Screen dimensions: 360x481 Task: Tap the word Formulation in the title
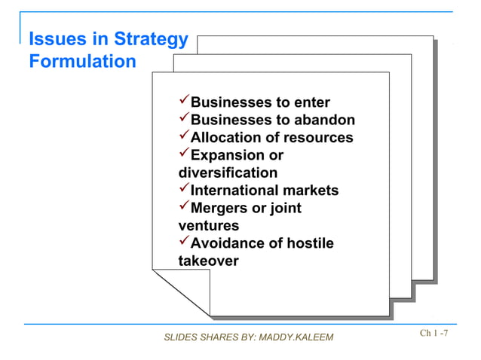82,61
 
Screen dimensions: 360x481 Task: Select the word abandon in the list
326,121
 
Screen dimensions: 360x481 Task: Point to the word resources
317,138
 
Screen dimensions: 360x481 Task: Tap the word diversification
228,172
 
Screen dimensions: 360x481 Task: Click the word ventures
209,225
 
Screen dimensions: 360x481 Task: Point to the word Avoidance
228,243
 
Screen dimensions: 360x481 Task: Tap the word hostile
309,243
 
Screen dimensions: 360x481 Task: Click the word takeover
208,261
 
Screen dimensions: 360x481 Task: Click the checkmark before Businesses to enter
183,102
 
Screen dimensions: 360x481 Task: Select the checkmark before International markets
183,190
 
